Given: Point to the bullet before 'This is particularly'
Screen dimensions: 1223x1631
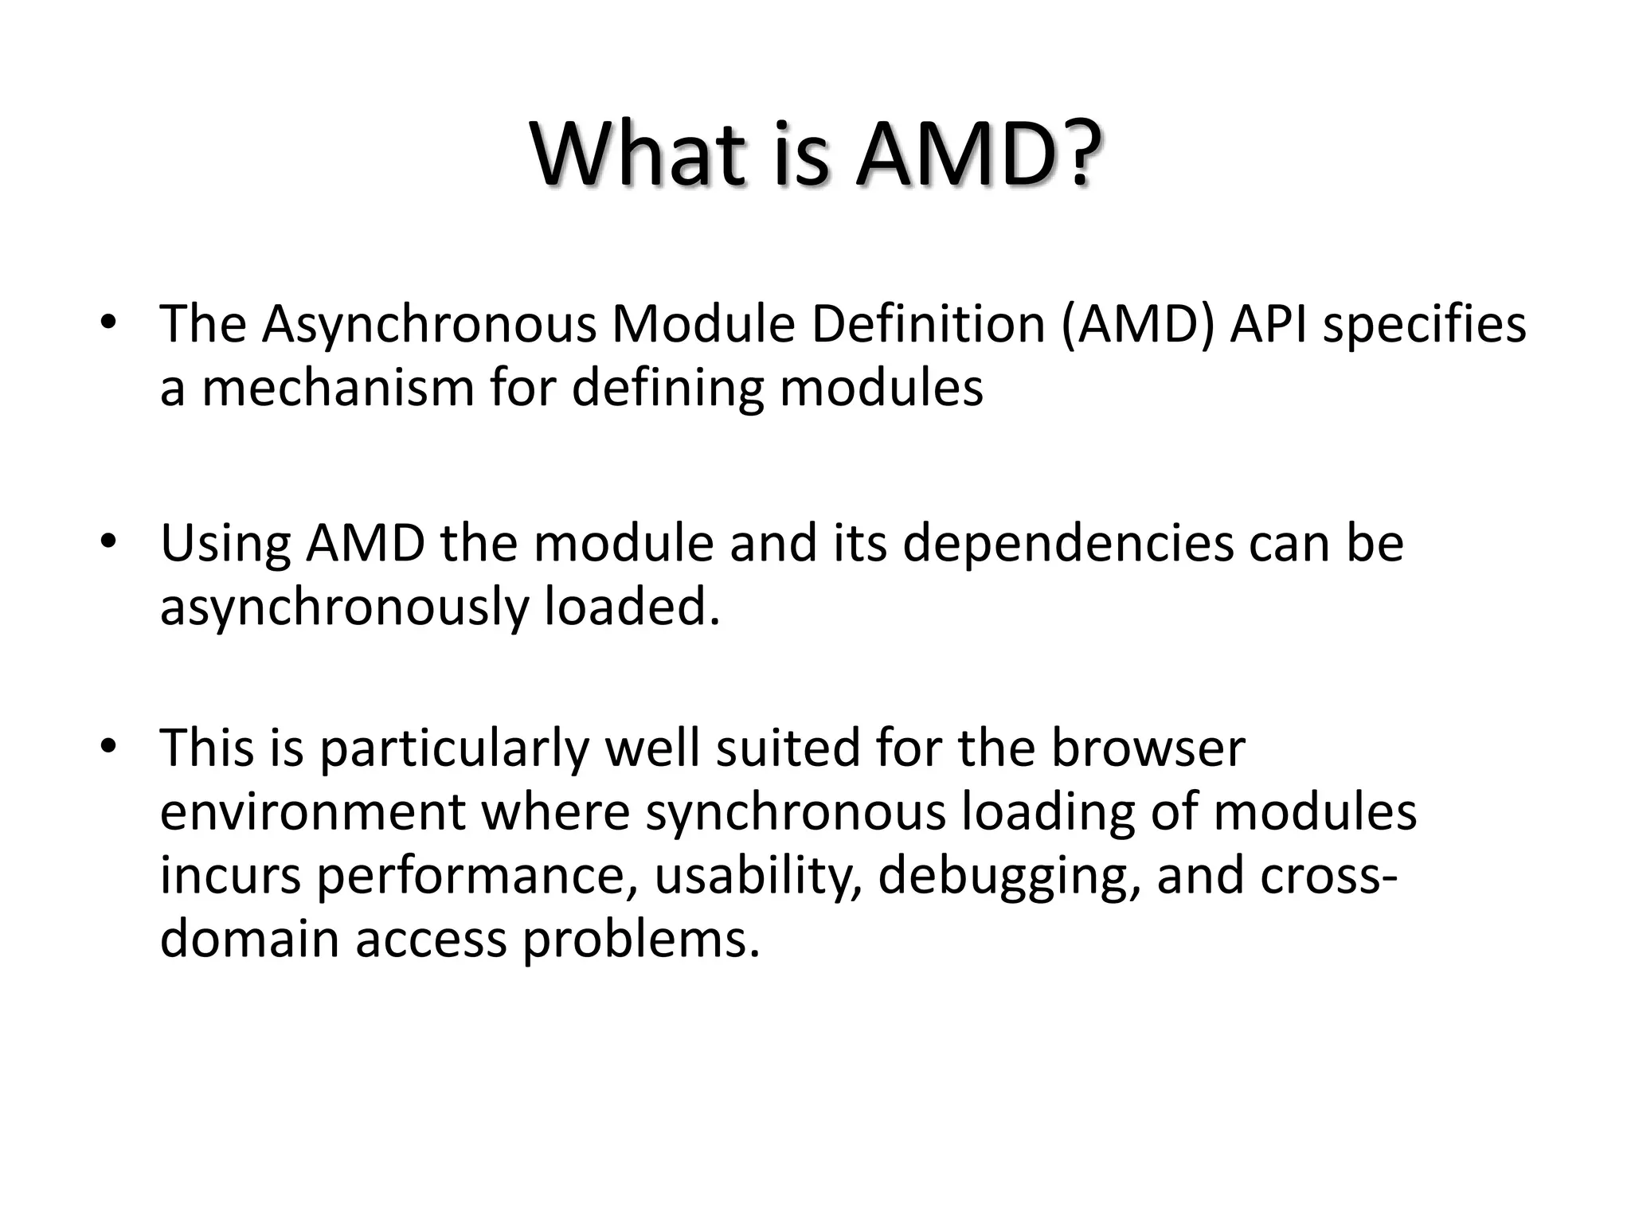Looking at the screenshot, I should (x=109, y=747).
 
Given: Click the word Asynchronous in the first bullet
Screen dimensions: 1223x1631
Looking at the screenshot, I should (x=429, y=325).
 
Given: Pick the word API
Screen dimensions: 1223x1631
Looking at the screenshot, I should (x=1268, y=325).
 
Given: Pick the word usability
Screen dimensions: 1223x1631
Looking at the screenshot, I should (x=758, y=876).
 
